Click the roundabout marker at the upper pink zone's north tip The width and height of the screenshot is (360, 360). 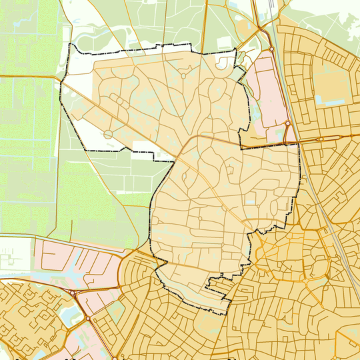click(272, 49)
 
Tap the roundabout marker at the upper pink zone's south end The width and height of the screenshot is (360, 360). click(287, 123)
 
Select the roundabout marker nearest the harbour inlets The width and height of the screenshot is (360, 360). click(72, 292)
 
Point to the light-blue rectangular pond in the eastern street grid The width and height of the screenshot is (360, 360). click(327, 100)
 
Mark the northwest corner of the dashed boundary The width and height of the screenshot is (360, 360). click(71, 45)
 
